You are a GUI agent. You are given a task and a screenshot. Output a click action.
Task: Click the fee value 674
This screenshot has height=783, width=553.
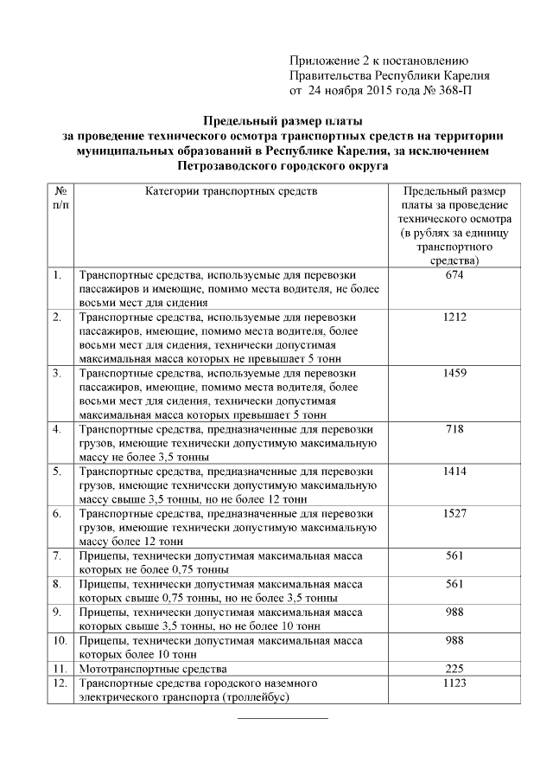[x=454, y=275]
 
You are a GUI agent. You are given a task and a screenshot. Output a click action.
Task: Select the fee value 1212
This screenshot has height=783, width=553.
[x=454, y=318]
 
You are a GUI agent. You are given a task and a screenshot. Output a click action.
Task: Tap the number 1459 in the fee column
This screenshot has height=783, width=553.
[x=454, y=373]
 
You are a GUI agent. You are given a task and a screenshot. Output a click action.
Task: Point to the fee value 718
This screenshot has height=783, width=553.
[x=454, y=429]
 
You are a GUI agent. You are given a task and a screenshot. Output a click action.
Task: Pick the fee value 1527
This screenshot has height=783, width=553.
[x=454, y=513]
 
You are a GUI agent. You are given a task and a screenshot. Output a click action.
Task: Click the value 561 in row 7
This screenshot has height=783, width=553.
[x=454, y=555]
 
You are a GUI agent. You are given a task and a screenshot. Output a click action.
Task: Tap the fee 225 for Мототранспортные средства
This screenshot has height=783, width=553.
[x=454, y=669]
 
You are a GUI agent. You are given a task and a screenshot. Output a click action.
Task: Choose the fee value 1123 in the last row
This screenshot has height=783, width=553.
[x=454, y=683]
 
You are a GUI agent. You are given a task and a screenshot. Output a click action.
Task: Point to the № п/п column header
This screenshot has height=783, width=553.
[x=60, y=197]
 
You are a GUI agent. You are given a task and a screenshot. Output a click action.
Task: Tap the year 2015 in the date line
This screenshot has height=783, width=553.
[x=377, y=89]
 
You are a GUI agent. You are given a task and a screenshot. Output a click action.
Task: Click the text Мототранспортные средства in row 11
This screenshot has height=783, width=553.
[x=152, y=669]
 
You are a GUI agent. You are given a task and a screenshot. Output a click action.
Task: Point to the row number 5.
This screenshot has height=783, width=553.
[x=57, y=472]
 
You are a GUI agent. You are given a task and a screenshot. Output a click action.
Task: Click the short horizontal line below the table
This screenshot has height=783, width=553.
[x=283, y=717]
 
